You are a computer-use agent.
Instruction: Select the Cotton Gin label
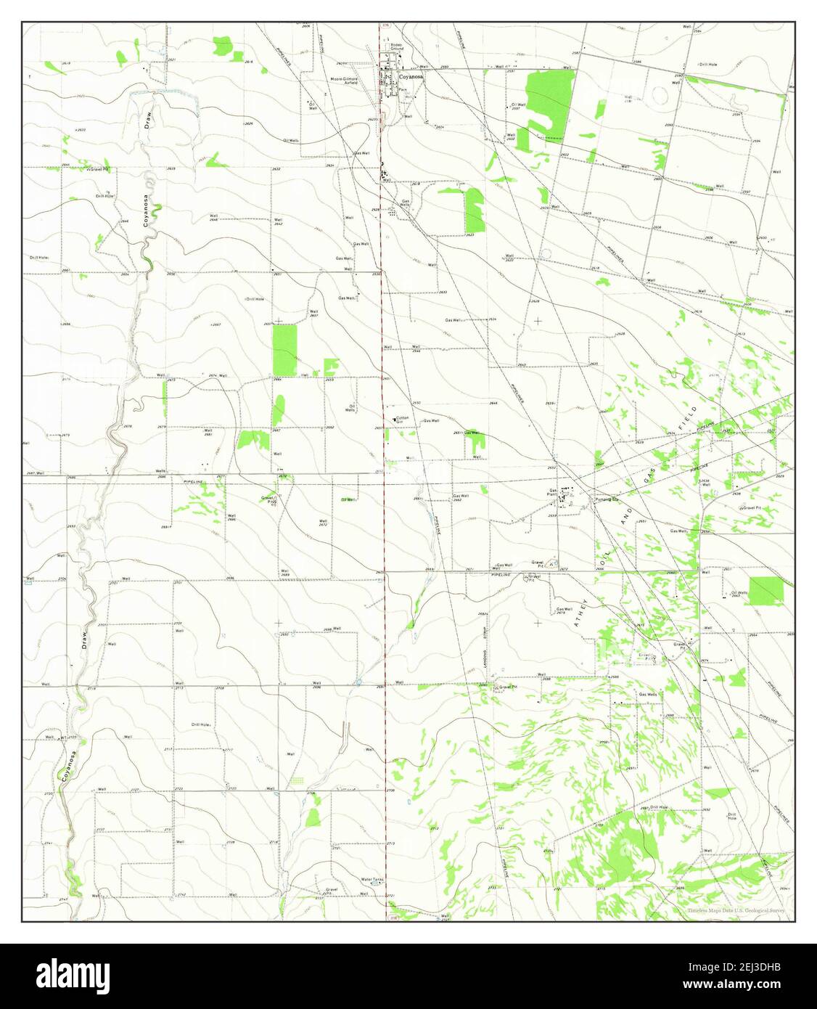pyautogui.click(x=402, y=420)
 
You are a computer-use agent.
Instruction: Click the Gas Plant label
pyautogui.click(x=554, y=493)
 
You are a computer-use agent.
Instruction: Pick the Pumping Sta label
pyautogui.click(x=606, y=499)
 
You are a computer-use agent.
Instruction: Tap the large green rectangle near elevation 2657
pyautogui.click(x=284, y=350)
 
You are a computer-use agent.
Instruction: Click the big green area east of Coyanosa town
pyautogui.click(x=549, y=102)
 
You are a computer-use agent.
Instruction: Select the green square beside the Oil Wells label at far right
pyautogui.click(x=765, y=591)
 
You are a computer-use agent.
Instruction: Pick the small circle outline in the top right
pyautogui.click(x=660, y=93)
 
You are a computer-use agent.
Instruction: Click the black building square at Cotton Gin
pyautogui.click(x=394, y=420)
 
